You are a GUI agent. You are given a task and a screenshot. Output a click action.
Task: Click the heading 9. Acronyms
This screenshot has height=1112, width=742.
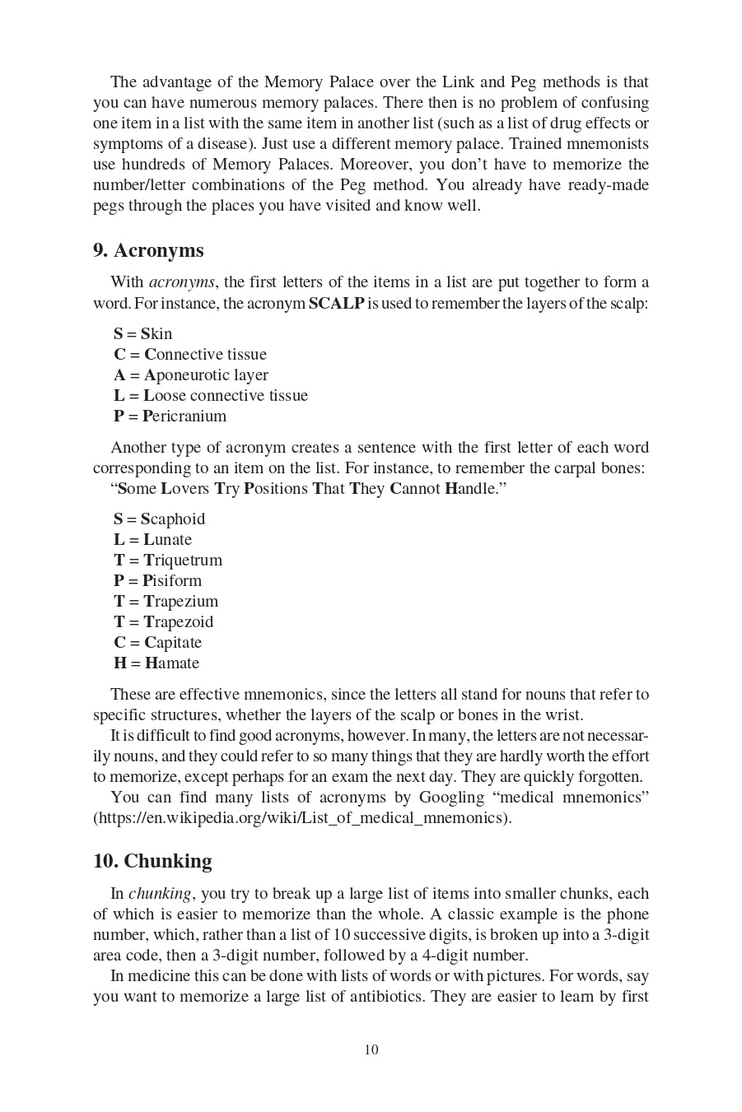pyautogui.click(x=148, y=250)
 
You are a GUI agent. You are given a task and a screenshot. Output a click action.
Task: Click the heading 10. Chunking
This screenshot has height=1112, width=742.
pyautogui.click(x=152, y=861)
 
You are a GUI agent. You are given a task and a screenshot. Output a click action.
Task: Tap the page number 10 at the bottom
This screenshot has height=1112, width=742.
pyautogui.click(x=371, y=1049)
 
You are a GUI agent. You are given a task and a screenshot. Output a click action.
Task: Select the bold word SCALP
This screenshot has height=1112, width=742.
pyautogui.click(x=336, y=303)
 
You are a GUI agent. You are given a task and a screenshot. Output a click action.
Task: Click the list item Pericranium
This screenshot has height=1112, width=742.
pyautogui.click(x=170, y=416)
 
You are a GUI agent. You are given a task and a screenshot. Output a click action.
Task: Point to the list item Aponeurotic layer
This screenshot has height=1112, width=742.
pyautogui.click(x=191, y=375)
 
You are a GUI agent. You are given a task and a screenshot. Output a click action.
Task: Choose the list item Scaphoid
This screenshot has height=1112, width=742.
pyautogui.click(x=159, y=519)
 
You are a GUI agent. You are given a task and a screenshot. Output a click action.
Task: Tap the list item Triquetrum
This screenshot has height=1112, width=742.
pyautogui.click(x=168, y=560)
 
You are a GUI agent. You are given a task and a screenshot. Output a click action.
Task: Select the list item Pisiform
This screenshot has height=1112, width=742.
pyautogui.click(x=157, y=580)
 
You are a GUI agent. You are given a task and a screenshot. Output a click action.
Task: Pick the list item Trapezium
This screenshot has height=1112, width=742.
pyautogui.click(x=166, y=601)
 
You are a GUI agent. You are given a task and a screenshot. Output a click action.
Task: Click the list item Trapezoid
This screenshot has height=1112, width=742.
pyautogui.click(x=163, y=621)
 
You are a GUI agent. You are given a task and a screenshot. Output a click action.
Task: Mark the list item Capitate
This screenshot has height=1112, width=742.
pyautogui.click(x=157, y=642)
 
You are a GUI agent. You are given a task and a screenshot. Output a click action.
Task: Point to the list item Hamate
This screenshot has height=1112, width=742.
pyautogui.click(x=156, y=663)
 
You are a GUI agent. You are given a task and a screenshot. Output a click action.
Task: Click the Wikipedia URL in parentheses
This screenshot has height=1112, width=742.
pyautogui.click(x=302, y=817)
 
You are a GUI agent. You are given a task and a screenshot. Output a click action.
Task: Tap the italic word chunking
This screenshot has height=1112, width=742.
pyautogui.click(x=160, y=894)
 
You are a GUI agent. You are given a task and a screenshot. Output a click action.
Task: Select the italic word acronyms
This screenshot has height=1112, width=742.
pyautogui.click(x=182, y=282)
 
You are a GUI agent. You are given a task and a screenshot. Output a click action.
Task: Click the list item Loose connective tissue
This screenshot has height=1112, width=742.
pyautogui.click(x=211, y=395)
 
